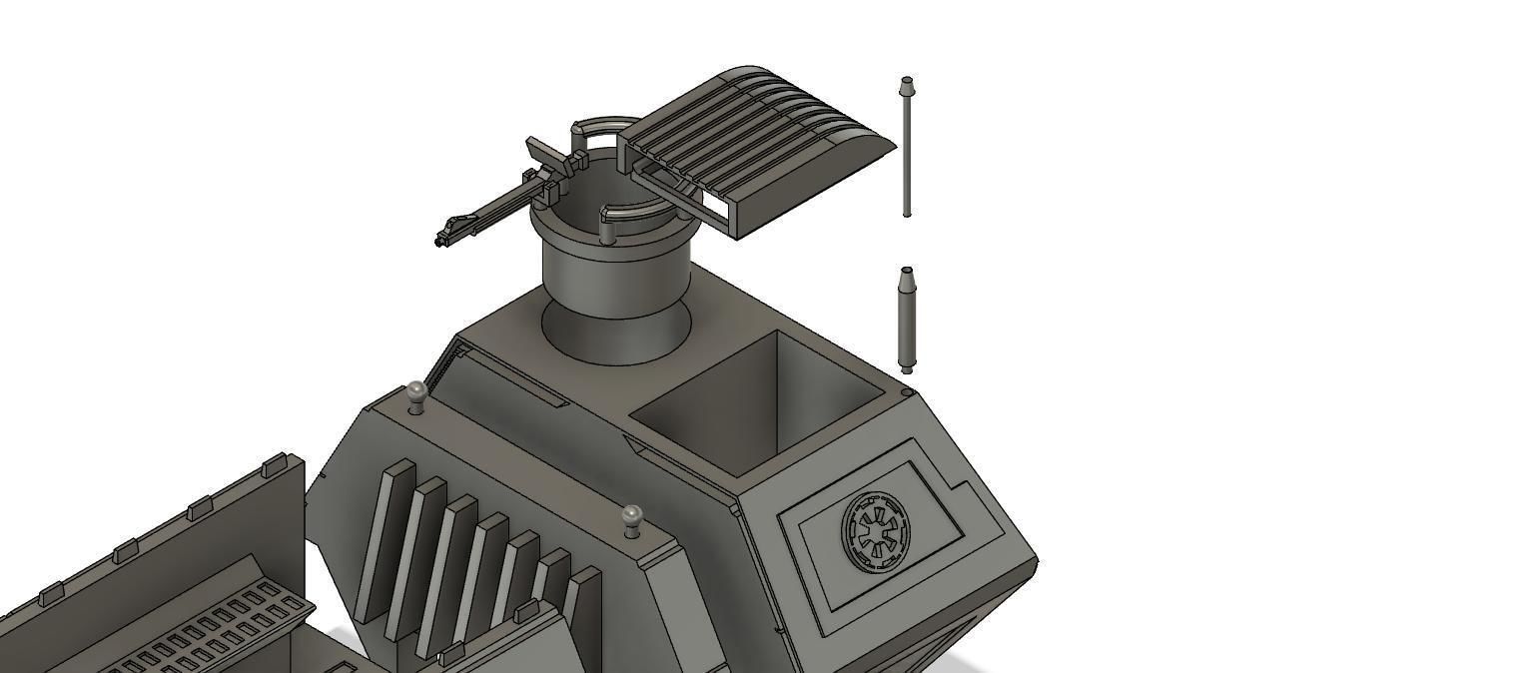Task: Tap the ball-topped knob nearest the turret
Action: [x=417, y=391]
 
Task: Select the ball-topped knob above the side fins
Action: [x=631, y=516]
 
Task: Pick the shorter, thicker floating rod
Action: [x=907, y=320]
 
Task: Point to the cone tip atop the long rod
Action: [x=907, y=84]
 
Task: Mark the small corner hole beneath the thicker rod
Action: [x=905, y=393]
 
